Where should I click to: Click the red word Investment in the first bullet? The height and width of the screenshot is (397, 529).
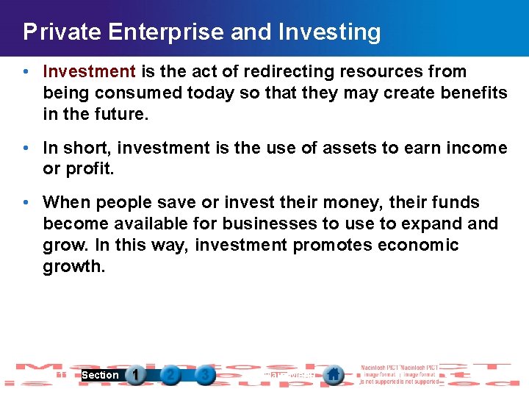pyautogui.click(x=89, y=71)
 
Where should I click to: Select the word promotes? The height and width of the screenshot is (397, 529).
pyautogui.click(x=327, y=245)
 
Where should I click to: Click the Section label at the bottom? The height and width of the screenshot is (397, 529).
pyautogui.click(x=100, y=375)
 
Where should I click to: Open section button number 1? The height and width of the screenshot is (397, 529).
pyautogui.click(x=135, y=375)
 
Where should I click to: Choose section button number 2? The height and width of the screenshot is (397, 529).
pyautogui.click(x=170, y=375)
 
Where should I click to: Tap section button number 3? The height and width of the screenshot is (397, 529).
pyautogui.click(x=205, y=375)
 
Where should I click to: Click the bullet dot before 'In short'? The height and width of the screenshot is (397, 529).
pyautogui.click(x=26, y=149)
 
